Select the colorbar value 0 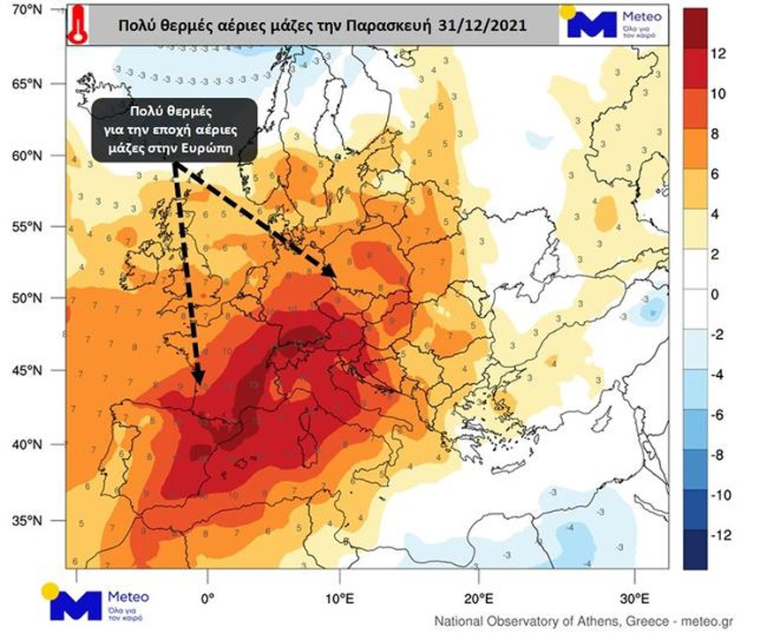[716, 295]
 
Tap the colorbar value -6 [718, 415]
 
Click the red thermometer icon [77, 24]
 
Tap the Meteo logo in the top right [611, 24]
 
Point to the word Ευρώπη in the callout [210, 148]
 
